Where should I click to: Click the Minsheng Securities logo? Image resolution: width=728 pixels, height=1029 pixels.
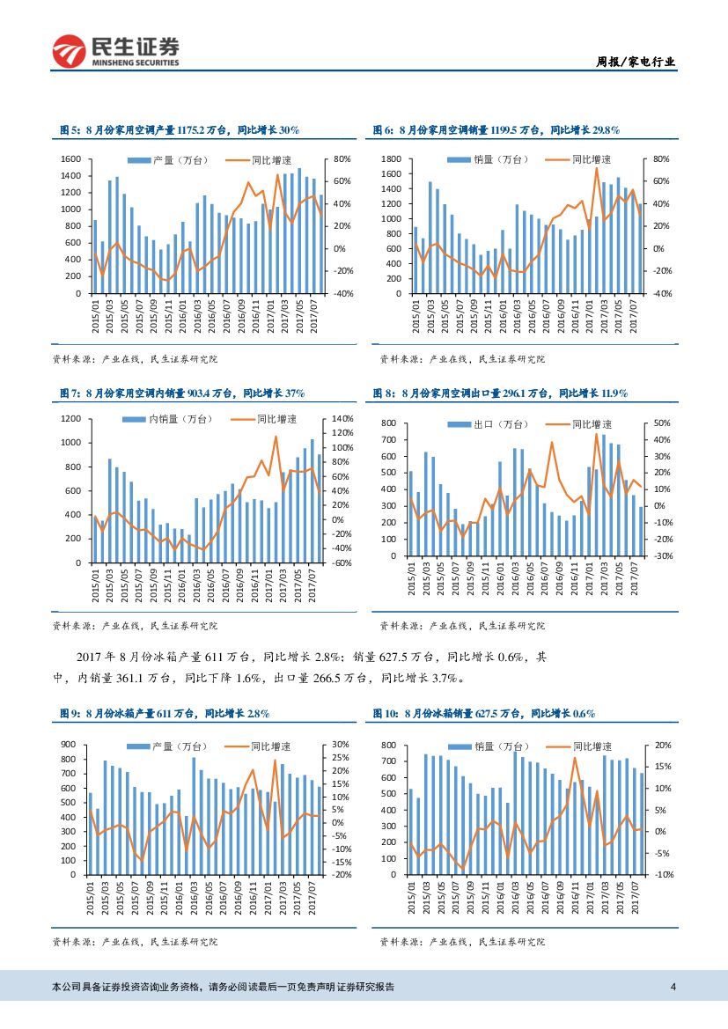[115, 51]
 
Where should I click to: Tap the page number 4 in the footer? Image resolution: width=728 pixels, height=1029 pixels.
[673, 986]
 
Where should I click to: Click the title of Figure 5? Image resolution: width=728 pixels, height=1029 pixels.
[180, 129]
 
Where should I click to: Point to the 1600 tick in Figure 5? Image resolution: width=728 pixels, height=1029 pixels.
[71, 159]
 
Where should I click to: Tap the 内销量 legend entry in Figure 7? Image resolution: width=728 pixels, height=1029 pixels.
[166, 418]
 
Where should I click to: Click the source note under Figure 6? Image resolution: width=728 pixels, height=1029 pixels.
[461, 359]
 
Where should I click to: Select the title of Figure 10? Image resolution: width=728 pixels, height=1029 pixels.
[487, 713]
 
